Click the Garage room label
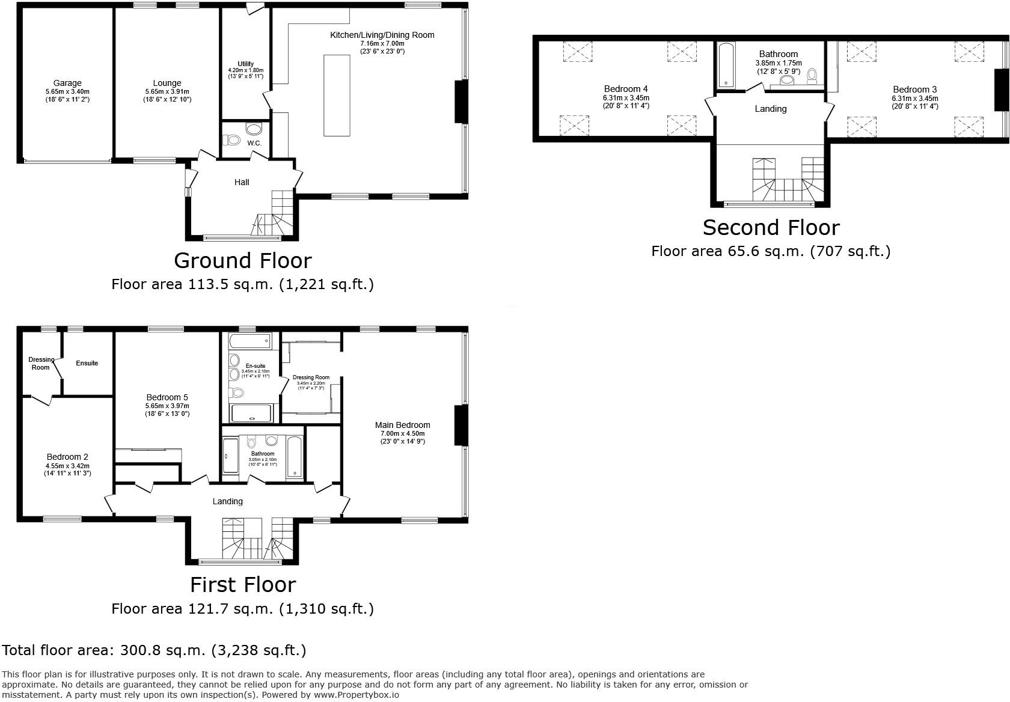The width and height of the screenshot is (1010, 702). [67, 83]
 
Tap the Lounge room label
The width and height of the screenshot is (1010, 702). [167, 83]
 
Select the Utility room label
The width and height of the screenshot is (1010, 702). [245, 64]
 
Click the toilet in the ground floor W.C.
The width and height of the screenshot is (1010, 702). [231, 140]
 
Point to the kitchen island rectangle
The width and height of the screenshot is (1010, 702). [337, 95]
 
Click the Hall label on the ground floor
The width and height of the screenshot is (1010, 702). [242, 182]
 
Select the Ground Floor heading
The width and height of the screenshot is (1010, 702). [242, 260]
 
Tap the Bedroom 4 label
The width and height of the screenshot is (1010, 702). [626, 89]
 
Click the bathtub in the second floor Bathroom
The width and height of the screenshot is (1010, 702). [726, 65]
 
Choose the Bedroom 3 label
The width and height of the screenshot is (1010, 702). [914, 90]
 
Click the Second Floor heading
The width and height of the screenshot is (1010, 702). [771, 228]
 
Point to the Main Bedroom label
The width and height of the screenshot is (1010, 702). [402, 425]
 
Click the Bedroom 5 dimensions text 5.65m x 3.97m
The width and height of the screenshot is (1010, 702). [167, 406]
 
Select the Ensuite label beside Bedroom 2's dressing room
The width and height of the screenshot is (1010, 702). [87, 363]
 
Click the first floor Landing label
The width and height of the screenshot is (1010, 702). [227, 501]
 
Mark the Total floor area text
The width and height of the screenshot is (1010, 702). [154, 650]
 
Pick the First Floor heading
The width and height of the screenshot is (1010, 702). [243, 585]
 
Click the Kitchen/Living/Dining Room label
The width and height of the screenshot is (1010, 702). [382, 35]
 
